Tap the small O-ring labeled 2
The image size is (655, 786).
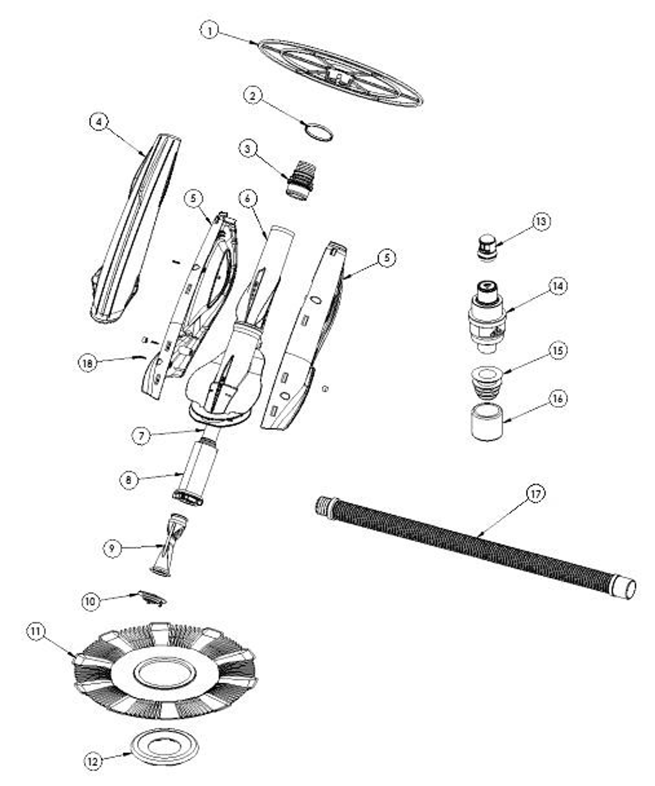tap(319, 131)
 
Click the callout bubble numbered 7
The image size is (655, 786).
tap(141, 435)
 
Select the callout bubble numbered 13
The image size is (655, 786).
tap(541, 221)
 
